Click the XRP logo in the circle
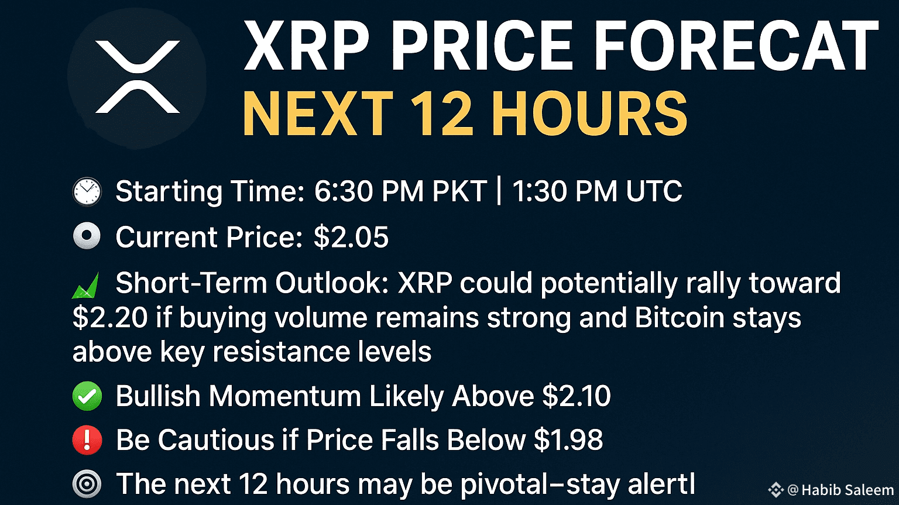(137, 77)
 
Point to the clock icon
(87, 192)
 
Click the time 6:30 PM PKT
(400, 191)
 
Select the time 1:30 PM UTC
(597, 191)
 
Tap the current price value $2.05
(351, 237)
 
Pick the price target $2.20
(110, 318)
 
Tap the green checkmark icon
(87, 397)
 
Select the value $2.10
(577, 396)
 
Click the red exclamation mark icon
(87, 441)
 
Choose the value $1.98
(568, 440)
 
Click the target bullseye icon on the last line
(87, 485)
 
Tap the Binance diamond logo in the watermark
(776, 489)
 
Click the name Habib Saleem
(847, 490)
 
